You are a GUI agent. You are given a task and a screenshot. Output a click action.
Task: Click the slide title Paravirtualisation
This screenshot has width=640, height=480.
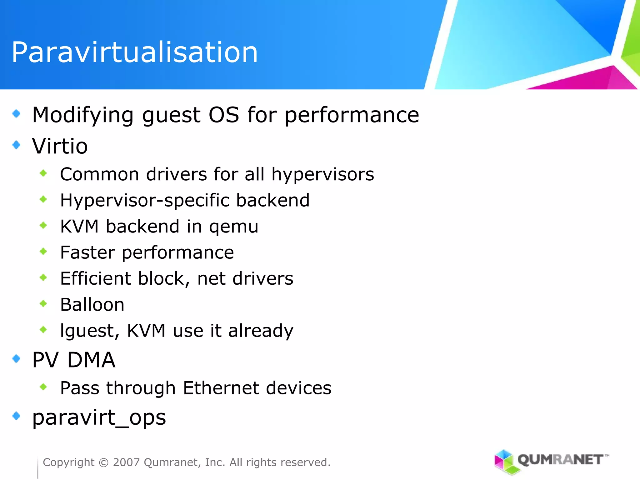(135, 52)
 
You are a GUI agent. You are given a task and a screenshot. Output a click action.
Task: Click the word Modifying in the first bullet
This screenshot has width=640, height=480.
(83, 115)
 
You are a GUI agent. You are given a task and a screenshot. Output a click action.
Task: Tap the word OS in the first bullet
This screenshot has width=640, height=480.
(224, 115)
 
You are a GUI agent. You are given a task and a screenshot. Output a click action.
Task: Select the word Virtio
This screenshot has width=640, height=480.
(60, 146)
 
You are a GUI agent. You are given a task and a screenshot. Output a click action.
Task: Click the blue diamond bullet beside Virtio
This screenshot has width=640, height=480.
(16, 145)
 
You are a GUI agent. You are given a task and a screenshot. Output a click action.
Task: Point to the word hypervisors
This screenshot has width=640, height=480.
(322, 174)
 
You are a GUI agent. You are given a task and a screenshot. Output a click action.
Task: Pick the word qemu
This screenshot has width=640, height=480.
(233, 227)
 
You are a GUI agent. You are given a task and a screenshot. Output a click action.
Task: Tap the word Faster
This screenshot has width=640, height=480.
(87, 252)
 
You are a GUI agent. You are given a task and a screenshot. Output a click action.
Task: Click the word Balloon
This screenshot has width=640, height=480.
(92, 305)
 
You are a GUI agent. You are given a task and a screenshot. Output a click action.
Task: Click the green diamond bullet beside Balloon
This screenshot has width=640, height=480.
(43, 303)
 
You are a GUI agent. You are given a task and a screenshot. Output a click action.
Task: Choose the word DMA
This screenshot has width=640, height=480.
(91, 360)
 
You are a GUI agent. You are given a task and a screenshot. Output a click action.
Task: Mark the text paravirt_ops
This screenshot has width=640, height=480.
(99, 418)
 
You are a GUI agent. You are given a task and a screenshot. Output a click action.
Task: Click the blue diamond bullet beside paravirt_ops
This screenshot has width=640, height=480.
(16, 416)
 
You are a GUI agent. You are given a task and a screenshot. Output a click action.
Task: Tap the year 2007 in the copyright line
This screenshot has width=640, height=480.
(126, 462)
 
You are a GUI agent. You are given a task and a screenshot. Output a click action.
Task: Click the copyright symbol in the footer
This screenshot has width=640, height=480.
(103, 462)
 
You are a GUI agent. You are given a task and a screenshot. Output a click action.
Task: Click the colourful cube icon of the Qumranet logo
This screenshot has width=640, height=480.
(504, 461)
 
